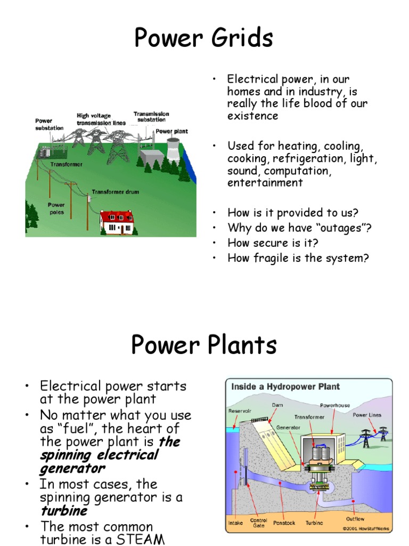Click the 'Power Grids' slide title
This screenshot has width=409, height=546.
pyautogui.click(x=204, y=38)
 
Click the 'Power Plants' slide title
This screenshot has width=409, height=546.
pyautogui.click(x=204, y=346)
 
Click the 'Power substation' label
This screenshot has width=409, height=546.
pyautogui.click(x=49, y=124)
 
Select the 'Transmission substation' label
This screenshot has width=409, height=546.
pyautogui.click(x=151, y=117)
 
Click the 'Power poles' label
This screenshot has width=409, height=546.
pyautogui.click(x=56, y=208)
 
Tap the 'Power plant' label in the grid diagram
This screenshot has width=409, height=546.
pyautogui.click(x=171, y=131)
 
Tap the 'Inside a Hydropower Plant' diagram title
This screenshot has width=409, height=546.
pyautogui.click(x=285, y=387)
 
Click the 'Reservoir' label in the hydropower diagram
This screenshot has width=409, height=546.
pyautogui.click(x=239, y=411)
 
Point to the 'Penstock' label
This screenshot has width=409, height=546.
pyautogui.click(x=285, y=523)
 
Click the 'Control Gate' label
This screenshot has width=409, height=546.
pyautogui.click(x=259, y=523)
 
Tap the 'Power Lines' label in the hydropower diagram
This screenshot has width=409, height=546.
pyautogui.click(x=367, y=415)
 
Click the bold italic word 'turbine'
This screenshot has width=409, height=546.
pyautogui.click(x=63, y=511)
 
